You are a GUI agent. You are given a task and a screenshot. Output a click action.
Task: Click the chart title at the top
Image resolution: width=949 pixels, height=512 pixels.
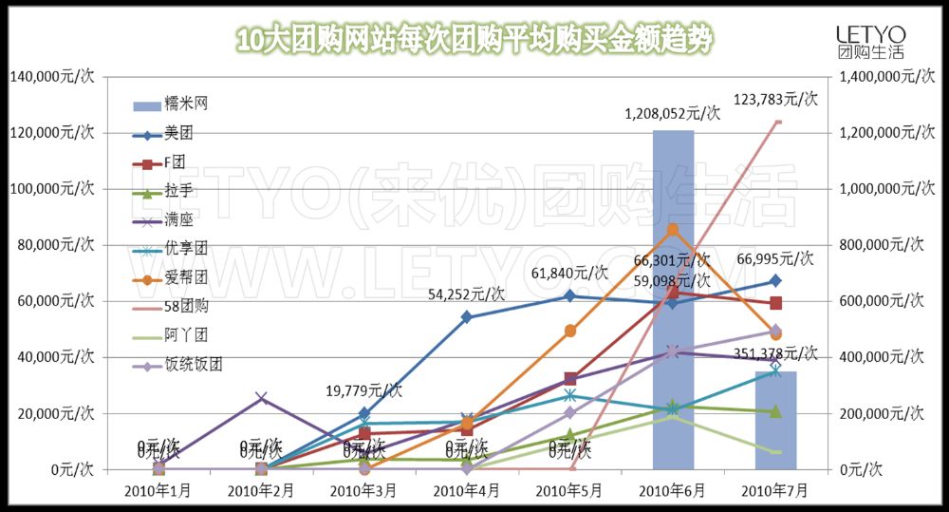coord(474,40)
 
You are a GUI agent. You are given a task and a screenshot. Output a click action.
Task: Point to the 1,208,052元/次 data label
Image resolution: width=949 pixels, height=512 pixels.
coord(672,114)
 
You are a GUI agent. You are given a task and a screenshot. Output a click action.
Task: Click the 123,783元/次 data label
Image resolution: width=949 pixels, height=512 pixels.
coord(774,98)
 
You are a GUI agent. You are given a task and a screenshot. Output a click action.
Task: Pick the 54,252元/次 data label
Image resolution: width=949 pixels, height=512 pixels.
coord(467,294)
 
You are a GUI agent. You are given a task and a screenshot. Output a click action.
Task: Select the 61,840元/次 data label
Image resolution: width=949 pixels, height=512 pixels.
coord(569,274)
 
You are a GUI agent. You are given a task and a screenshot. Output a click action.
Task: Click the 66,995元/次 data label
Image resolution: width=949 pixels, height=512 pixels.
coord(774,258)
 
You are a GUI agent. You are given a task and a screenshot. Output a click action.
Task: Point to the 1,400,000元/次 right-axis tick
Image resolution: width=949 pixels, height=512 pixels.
coord(884,76)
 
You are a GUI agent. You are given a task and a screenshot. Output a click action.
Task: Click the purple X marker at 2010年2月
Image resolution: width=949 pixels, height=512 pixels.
coord(262,399)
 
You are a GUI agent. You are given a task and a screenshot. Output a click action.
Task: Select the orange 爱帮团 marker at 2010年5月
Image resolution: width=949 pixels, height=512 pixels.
coord(570,331)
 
